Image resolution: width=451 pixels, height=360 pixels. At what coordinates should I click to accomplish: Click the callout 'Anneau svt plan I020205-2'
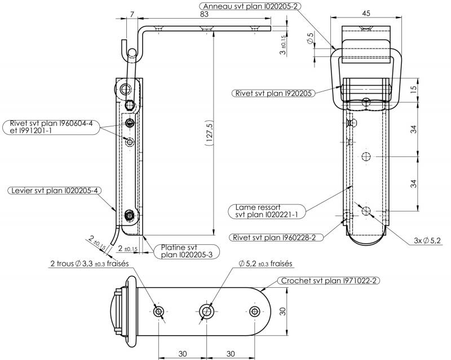(250, 6)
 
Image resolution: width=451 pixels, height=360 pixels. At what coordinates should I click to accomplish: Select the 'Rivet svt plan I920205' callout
(273, 93)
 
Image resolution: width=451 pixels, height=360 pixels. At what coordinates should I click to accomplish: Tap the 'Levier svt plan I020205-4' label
(54, 191)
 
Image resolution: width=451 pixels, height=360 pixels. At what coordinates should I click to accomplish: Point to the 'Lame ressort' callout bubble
(267, 211)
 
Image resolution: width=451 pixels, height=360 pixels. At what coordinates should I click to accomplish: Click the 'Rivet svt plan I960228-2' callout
(276, 238)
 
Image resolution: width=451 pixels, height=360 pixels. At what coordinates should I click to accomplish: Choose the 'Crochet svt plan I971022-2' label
(329, 280)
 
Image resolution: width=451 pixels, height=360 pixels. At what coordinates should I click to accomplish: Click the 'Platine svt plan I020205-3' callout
(187, 251)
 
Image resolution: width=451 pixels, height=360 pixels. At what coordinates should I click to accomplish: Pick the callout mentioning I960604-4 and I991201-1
(51, 127)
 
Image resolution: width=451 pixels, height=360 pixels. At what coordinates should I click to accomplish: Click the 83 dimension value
(204, 14)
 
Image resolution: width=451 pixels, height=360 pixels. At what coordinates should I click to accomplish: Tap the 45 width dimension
(366, 13)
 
